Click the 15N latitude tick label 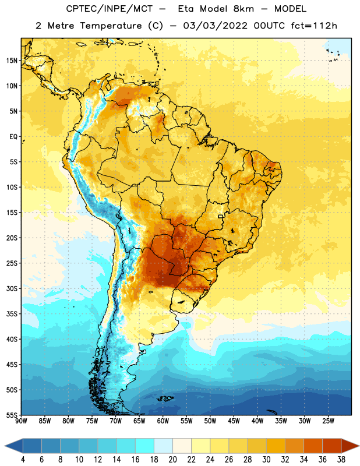(12, 61)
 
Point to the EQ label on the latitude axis (13, 137)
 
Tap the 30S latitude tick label (12, 289)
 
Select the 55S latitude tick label (12, 415)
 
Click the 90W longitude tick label (21, 421)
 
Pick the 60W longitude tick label (163, 421)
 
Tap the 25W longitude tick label (328, 421)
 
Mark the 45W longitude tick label (234, 421)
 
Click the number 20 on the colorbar (172, 460)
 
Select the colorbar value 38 (341, 460)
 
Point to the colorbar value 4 (23, 460)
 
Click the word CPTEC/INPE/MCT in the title (110, 9)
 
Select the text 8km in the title (243, 9)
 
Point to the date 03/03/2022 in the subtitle (215, 26)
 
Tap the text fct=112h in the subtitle (314, 26)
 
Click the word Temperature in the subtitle (111, 26)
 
